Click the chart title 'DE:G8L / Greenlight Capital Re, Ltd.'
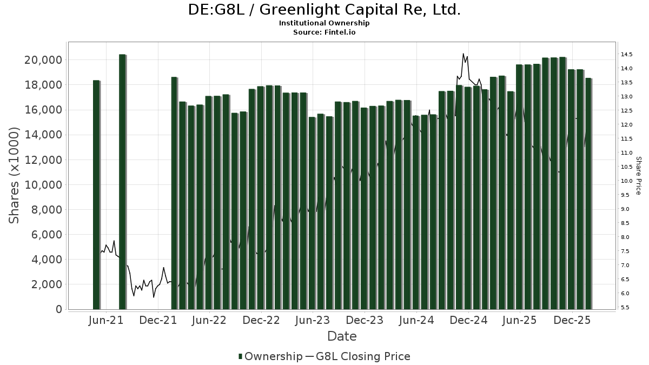[x=325, y=10]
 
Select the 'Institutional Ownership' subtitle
[x=325, y=23]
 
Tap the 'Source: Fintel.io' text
[x=325, y=32]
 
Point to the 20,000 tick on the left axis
[x=43, y=59]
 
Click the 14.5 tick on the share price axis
[x=627, y=55]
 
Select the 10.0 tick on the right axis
[x=627, y=181]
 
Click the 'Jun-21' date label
[x=105, y=320]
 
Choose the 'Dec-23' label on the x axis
[x=365, y=320]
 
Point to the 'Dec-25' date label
[x=572, y=320]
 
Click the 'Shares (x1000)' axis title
[x=15, y=176]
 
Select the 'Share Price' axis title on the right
[x=638, y=176]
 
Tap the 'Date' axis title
[x=342, y=336]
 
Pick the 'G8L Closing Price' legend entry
[x=363, y=356]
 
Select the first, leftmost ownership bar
[x=96, y=195]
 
